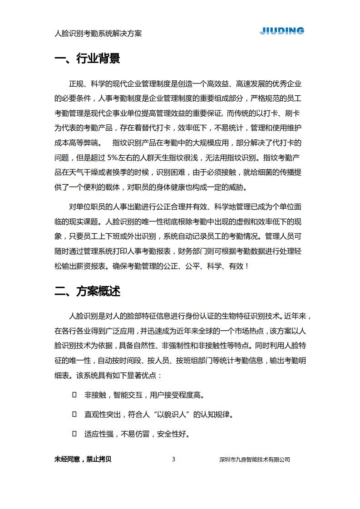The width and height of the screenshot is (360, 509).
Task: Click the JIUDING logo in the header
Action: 282,31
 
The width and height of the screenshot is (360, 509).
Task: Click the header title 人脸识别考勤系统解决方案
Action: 98,34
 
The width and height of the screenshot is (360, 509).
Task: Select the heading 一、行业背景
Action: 87,59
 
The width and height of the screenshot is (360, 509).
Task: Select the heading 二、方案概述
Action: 87,291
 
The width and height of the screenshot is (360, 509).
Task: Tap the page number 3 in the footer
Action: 173,459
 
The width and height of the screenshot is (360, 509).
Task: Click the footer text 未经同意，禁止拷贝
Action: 83,459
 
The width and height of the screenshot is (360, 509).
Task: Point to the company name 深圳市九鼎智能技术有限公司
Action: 254,460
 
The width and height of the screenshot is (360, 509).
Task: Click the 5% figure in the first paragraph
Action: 113,158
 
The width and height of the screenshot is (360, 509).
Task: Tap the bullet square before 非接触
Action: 74,395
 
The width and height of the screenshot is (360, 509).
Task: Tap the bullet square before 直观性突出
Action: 74,414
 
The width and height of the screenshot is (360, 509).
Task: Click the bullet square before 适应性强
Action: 74,434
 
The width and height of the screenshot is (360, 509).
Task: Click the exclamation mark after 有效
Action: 247,266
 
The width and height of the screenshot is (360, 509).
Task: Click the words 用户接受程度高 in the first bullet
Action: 177,395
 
